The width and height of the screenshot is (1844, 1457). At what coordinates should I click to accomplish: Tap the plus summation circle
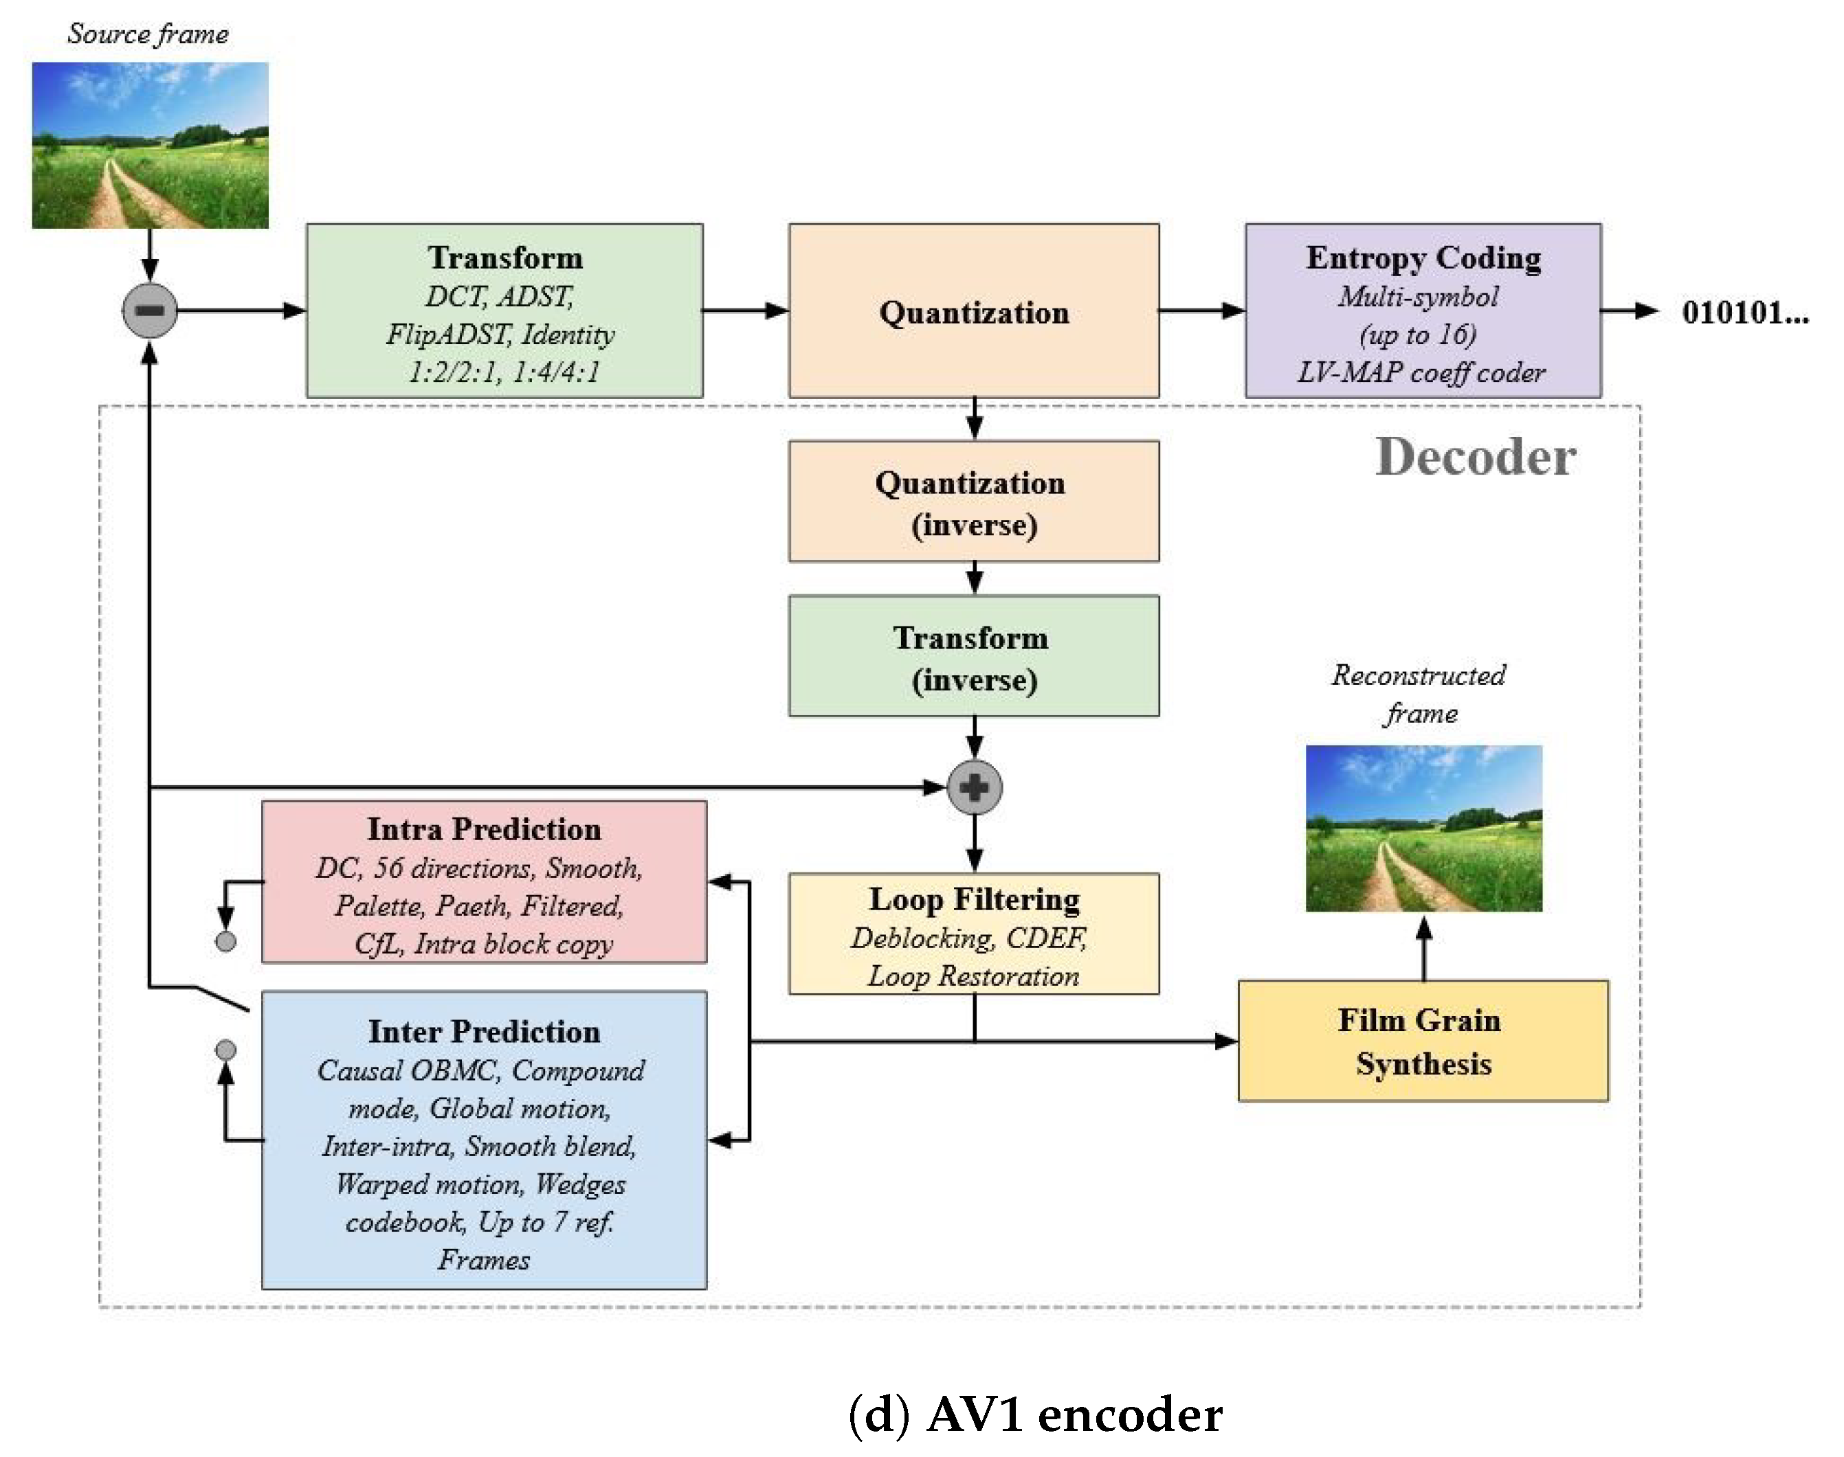pos(974,787)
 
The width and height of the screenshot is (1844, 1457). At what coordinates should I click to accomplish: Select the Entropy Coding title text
pos(1423,258)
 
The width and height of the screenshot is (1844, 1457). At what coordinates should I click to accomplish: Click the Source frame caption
pos(148,34)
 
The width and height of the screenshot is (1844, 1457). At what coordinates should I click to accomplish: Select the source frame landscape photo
pos(151,145)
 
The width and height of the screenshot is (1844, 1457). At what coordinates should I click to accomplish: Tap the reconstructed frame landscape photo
pos(1423,828)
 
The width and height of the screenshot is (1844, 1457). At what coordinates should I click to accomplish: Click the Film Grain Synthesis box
pos(1423,1041)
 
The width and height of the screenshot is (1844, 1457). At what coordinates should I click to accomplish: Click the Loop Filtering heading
pos(974,899)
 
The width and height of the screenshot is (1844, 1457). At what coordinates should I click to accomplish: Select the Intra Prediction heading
pos(484,829)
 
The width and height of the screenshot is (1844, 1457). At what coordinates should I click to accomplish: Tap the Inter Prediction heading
pos(484,1031)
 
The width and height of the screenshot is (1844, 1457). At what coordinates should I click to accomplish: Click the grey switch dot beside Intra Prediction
pos(225,941)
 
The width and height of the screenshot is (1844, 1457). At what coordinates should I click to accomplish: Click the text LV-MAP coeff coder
pos(1421,373)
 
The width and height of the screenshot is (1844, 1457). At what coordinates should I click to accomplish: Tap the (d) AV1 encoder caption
pos(1034,1414)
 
